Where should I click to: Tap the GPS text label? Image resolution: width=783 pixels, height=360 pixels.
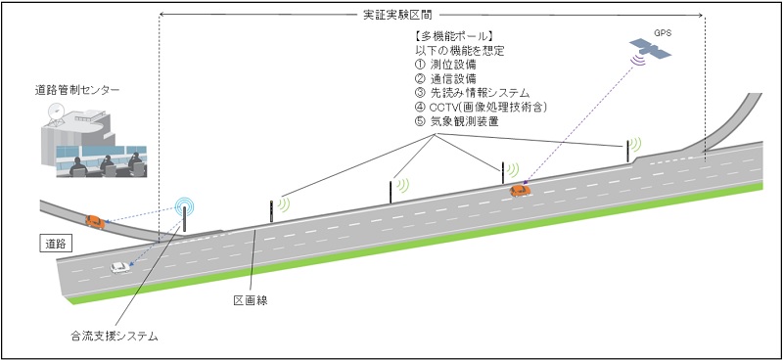pyautogui.click(x=676, y=31)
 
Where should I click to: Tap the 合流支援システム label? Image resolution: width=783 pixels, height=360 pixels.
pyautogui.click(x=115, y=337)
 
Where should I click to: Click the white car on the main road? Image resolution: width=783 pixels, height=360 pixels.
pyautogui.click(x=120, y=266)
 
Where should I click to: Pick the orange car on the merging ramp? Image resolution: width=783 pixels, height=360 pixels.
pyautogui.click(x=95, y=221)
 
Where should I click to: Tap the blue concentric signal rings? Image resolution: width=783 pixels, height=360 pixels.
pyautogui.click(x=184, y=207)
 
